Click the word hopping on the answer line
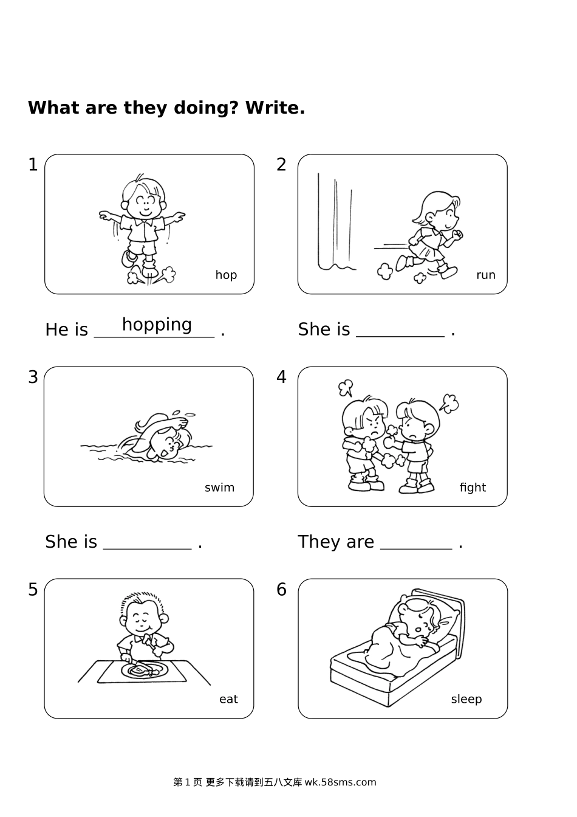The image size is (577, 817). pyautogui.click(x=157, y=325)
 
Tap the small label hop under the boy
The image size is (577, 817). pyautogui.click(x=226, y=275)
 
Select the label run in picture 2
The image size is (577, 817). pyautogui.click(x=485, y=275)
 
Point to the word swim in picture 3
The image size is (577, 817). pyautogui.click(x=219, y=488)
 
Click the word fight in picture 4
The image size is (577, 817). pyautogui.click(x=473, y=488)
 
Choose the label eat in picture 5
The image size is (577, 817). pyautogui.click(x=228, y=699)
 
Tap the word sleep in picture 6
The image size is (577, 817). pyautogui.click(x=466, y=699)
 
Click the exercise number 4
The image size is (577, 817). pyautogui.click(x=281, y=377)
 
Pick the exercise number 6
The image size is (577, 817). pyautogui.click(x=281, y=590)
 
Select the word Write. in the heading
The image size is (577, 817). pyautogui.click(x=275, y=108)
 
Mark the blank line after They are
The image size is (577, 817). pyautogui.click(x=416, y=548)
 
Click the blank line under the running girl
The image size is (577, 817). pyautogui.click(x=400, y=336)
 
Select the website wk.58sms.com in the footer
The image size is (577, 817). pyautogui.click(x=341, y=782)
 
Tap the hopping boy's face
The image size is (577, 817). pyautogui.click(x=145, y=205)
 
